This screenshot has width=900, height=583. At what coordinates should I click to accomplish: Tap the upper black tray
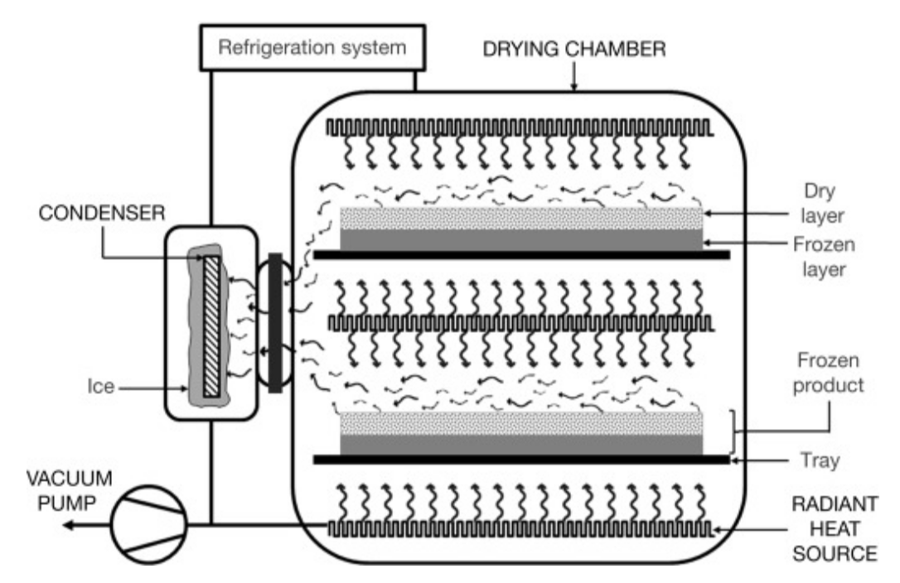click(x=521, y=255)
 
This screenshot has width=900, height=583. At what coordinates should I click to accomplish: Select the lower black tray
click(x=521, y=459)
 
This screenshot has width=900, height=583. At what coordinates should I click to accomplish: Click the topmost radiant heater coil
click(x=518, y=128)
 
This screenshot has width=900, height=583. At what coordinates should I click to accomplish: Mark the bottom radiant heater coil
click(x=518, y=528)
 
